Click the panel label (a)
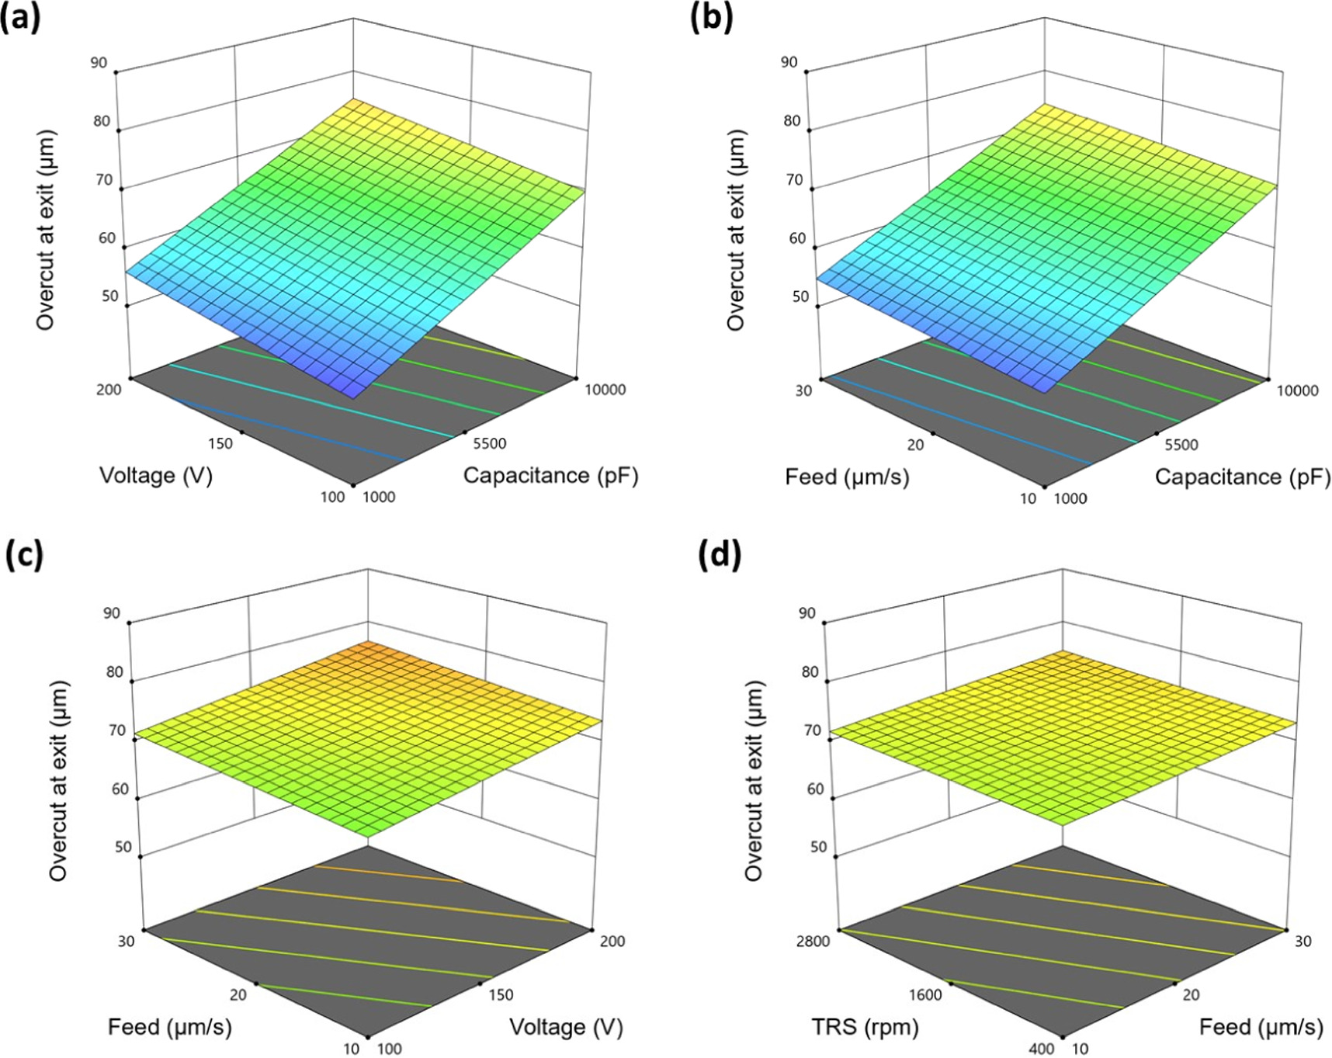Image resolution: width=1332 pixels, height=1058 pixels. point(20,18)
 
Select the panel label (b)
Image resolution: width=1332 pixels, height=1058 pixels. point(711,18)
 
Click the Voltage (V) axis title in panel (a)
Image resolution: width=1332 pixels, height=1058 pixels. point(156,475)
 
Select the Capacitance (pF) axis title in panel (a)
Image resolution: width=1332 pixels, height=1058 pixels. point(550,475)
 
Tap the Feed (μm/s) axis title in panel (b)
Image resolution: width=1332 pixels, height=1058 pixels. point(847,476)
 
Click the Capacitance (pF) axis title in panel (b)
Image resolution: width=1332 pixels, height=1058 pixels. point(1242,477)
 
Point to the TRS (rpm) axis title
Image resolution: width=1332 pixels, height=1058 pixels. point(865,1027)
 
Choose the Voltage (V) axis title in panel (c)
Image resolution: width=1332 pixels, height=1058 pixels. point(566,1027)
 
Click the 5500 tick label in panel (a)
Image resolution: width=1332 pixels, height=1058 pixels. point(489,443)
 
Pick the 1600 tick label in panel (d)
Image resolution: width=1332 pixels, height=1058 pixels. point(925,994)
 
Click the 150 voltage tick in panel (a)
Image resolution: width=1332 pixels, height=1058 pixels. point(220,443)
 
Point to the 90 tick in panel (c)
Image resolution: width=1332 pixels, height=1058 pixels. point(112,613)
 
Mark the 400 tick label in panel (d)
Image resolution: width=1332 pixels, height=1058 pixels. point(1042,1049)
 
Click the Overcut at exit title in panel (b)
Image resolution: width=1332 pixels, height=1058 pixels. point(735,230)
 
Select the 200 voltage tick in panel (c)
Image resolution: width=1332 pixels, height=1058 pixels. point(612,942)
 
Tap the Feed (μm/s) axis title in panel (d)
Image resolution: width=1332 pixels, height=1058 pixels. point(1261,1027)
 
